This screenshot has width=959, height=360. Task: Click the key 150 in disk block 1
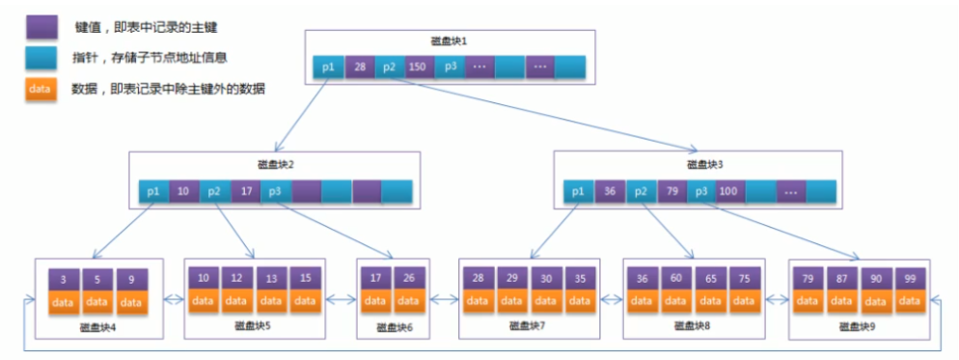tap(420, 67)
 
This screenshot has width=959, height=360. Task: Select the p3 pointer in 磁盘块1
tap(451, 67)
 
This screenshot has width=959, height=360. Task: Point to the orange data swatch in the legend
tap(41, 89)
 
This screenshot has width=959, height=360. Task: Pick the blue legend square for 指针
tap(41, 58)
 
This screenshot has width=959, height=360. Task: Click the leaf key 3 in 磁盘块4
tap(65, 279)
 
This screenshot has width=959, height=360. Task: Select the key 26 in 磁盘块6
tap(409, 277)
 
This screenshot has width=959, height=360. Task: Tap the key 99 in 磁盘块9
tap(910, 277)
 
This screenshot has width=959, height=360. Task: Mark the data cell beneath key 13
tap(271, 300)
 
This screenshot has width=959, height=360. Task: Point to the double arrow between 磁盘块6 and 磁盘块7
tap(445, 300)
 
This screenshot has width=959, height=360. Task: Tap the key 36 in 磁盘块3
tap(610, 191)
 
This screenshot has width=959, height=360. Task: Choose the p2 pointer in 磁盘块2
tap(215, 191)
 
